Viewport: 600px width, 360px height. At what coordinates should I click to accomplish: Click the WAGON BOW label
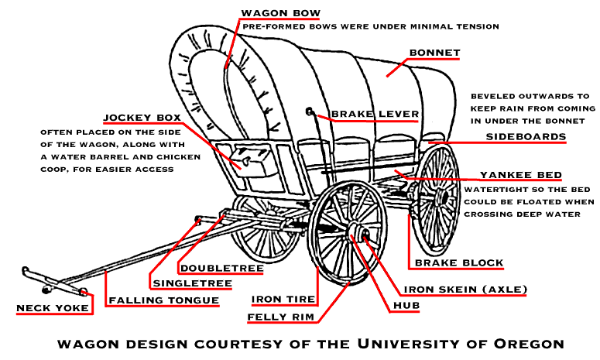click(x=280, y=13)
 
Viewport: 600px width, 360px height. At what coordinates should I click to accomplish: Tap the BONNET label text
click(x=434, y=53)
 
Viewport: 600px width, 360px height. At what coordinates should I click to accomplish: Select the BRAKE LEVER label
click(x=375, y=115)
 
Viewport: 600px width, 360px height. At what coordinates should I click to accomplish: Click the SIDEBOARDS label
click(x=526, y=137)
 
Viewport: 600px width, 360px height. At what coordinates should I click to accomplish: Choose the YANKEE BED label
click(x=520, y=175)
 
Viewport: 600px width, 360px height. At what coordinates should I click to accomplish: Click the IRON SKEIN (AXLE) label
click(x=466, y=290)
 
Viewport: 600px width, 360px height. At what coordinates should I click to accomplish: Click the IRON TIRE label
click(x=283, y=299)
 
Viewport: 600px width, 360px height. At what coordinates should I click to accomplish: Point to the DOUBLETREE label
click(x=221, y=269)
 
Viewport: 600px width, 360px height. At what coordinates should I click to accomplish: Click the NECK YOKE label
click(x=53, y=308)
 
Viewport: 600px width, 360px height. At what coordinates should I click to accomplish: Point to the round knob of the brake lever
click(x=310, y=111)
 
